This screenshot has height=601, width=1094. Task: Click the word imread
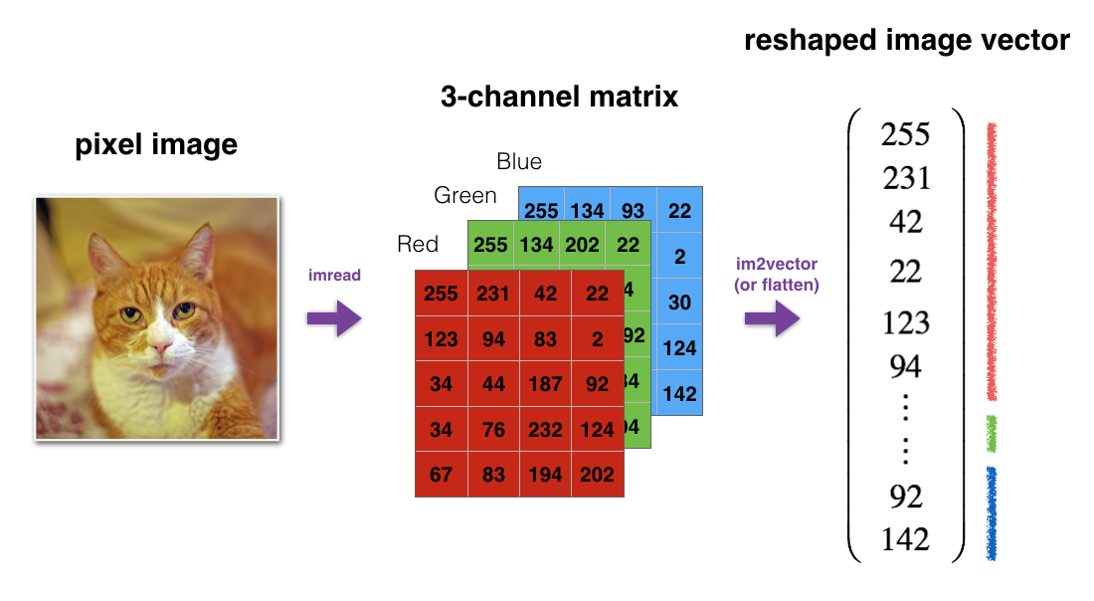pyautogui.click(x=334, y=276)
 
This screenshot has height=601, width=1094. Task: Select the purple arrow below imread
pyautogui.click(x=335, y=318)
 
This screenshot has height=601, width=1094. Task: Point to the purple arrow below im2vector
pyautogui.click(x=772, y=319)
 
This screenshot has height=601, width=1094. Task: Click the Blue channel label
pyautogui.click(x=519, y=161)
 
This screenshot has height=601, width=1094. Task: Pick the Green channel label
pyautogui.click(x=464, y=196)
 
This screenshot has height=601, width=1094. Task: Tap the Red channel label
pyautogui.click(x=418, y=245)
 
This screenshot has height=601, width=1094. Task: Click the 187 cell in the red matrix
pyautogui.click(x=545, y=384)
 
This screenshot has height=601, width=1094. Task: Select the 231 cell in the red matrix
pyautogui.click(x=493, y=294)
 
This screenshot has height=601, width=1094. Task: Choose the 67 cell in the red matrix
pyautogui.click(x=441, y=475)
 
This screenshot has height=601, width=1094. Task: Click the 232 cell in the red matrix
pyautogui.click(x=545, y=430)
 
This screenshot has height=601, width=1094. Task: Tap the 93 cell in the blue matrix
pyautogui.click(x=633, y=211)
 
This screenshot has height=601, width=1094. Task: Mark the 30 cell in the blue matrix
pyautogui.click(x=679, y=302)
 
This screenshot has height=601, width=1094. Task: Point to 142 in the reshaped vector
pyautogui.click(x=905, y=539)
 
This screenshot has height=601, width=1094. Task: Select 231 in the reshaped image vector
pyautogui.click(x=906, y=178)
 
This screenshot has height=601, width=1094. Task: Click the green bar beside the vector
pyautogui.click(x=991, y=433)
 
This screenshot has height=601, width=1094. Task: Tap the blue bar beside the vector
pyautogui.click(x=991, y=511)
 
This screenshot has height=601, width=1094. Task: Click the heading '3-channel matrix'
pyautogui.click(x=559, y=97)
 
